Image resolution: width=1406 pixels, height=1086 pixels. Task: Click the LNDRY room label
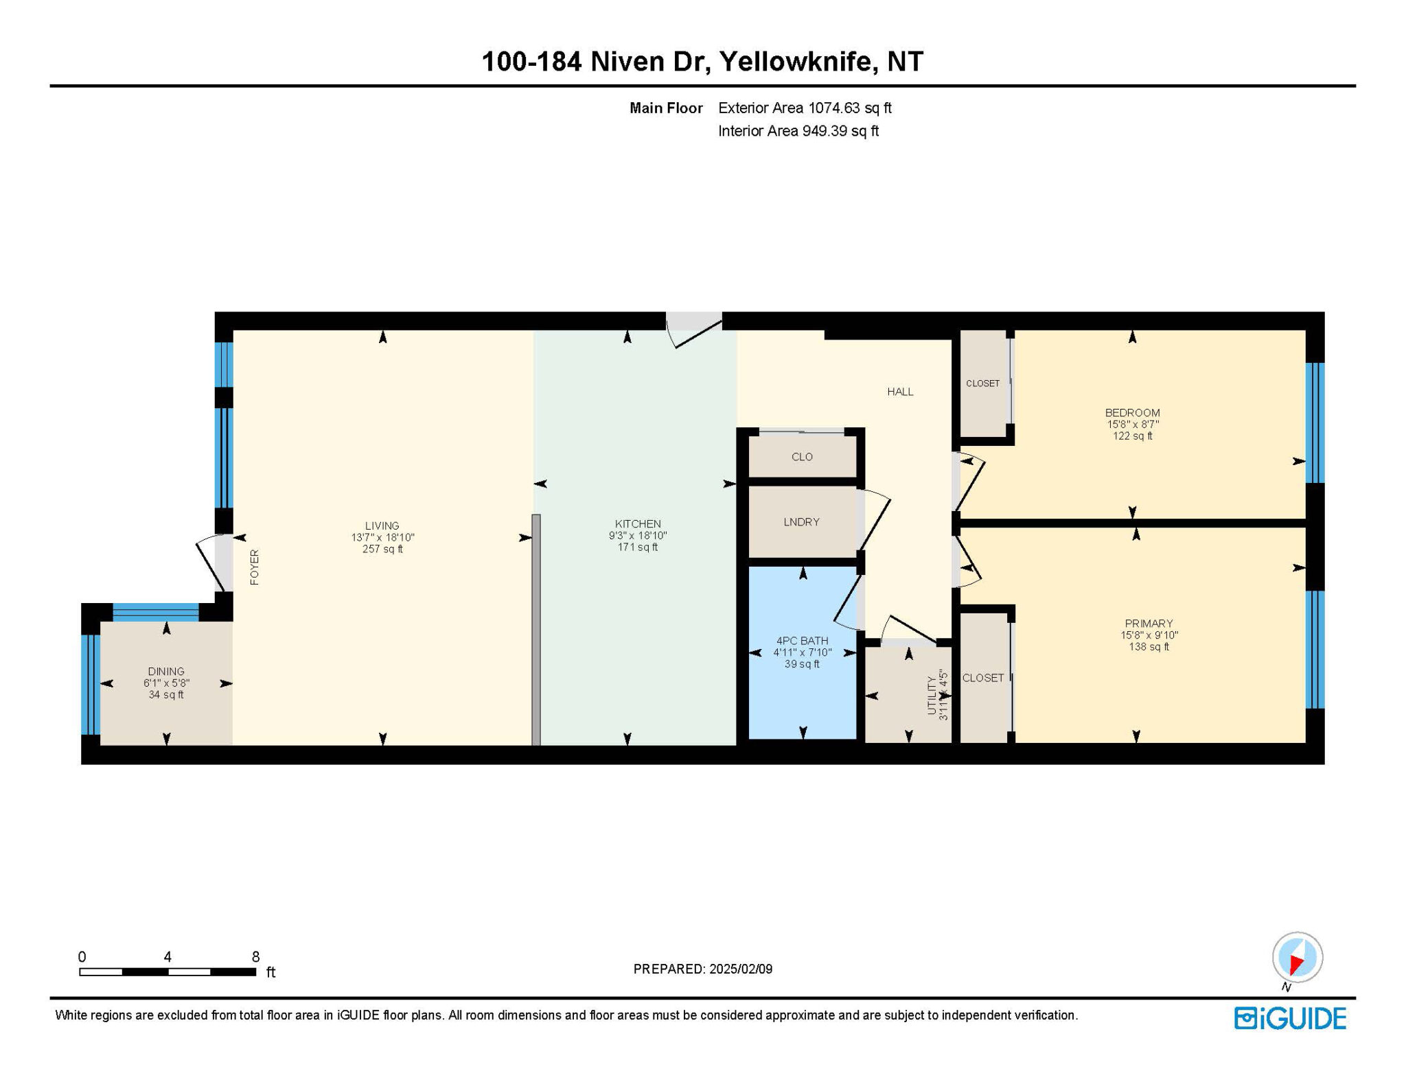coord(801,522)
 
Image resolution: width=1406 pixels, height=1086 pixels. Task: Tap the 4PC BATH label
coord(802,641)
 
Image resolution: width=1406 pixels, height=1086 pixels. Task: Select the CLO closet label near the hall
coord(802,457)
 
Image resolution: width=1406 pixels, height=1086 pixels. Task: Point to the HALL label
coord(900,392)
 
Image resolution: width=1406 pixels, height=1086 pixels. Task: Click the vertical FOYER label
coord(255,567)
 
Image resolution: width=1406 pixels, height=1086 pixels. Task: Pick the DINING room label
coord(166,672)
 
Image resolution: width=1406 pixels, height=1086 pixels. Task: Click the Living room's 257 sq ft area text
coord(382,549)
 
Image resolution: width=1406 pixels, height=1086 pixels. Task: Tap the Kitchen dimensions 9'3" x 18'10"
coord(638,536)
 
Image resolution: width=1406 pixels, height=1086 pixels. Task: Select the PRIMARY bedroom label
coord(1149,624)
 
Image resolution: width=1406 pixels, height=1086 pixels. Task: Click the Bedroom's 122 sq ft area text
coord(1132,436)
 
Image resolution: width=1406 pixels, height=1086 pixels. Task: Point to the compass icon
coord(1297,957)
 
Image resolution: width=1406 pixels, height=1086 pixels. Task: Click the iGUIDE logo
coord(1290,1018)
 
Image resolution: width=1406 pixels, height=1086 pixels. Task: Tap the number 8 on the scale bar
coord(255,957)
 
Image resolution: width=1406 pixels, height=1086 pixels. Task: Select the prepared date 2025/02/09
coord(741,969)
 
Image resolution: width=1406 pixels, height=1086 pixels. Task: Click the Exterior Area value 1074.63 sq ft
coord(850,108)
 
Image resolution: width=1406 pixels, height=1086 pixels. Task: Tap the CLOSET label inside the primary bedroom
coord(983,678)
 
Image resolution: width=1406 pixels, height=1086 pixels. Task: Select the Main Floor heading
coord(666,108)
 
